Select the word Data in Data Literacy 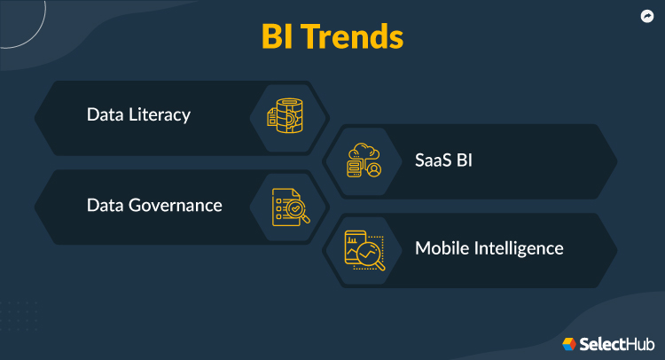(x=104, y=115)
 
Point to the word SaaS (x=434, y=162)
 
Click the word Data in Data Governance (x=104, y=205)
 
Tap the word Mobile (x=440, y=248)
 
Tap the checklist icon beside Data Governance (x=287, y=205)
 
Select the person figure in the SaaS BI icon (x=375, y=168)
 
